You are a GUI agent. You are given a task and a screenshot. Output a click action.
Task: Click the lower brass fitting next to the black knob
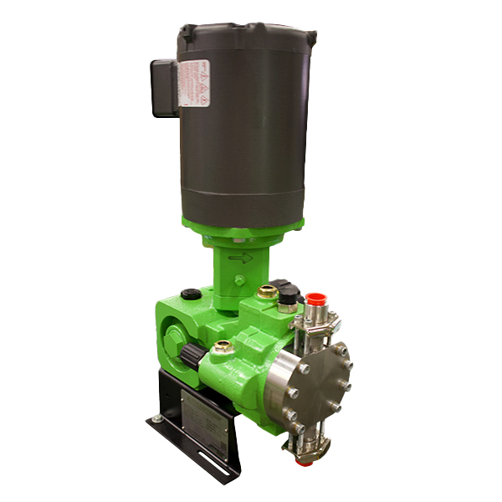click(222, 346)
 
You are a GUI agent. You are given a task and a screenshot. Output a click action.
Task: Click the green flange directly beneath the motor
click(243, 224)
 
